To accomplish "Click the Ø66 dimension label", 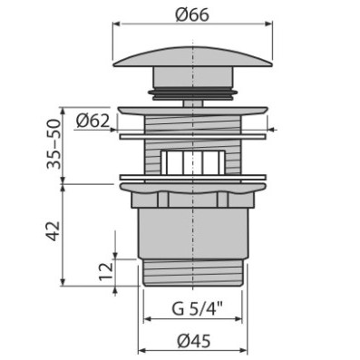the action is [x=193, y=15].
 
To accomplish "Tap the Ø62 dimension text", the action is [x=92, y=121].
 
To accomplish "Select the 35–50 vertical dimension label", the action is [x=54, y=144].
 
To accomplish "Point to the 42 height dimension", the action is [x=54, y=231].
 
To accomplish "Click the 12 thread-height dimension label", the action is [x=105, y=271].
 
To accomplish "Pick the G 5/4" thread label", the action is [x=198, y=309].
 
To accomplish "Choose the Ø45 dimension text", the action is [x=193, y=342].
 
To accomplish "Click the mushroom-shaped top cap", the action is [x=193, y=56].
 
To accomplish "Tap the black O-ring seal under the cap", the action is [x=193, y=92].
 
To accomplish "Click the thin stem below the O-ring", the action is [x=193, y=103].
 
